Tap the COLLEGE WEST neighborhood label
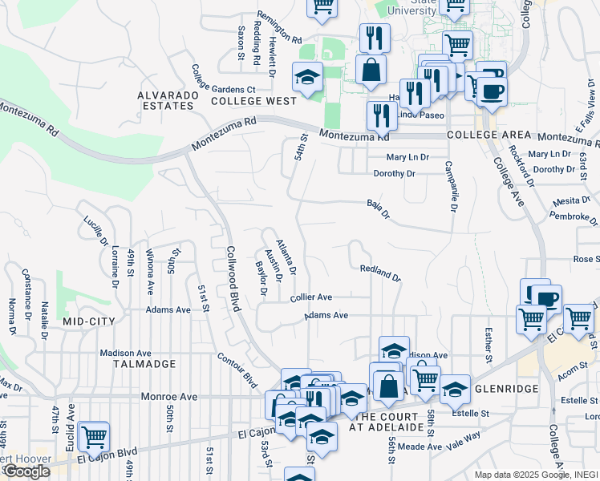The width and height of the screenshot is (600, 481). (x=242, y=102)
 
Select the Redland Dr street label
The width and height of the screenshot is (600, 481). (x=379, y=273)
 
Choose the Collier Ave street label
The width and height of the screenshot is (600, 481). (x=311, y=297)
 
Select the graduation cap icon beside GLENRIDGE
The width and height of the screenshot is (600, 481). (x=455, y=388)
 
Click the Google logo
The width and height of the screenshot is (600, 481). (x=26, y=471)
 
